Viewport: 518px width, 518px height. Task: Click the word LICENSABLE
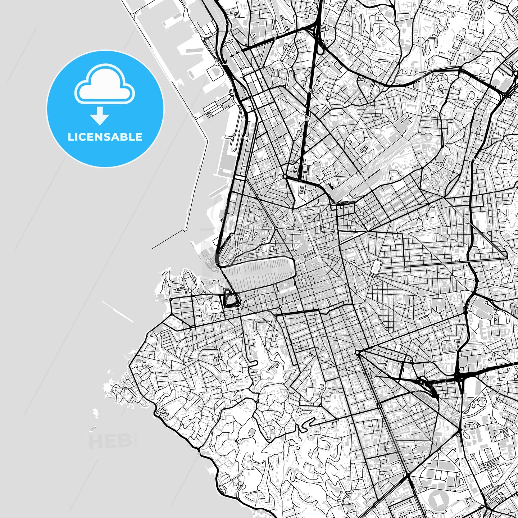pos(105,137)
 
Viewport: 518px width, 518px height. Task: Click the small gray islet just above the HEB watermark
pos(93,429)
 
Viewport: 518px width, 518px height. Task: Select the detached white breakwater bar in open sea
pos(118,312)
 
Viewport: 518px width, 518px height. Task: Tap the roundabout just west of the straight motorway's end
pos(285,176)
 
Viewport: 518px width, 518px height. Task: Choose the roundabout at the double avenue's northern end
pos(357,353)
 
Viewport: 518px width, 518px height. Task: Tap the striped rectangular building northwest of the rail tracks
pos(364,149)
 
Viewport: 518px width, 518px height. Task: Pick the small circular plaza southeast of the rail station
pos(362,214)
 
